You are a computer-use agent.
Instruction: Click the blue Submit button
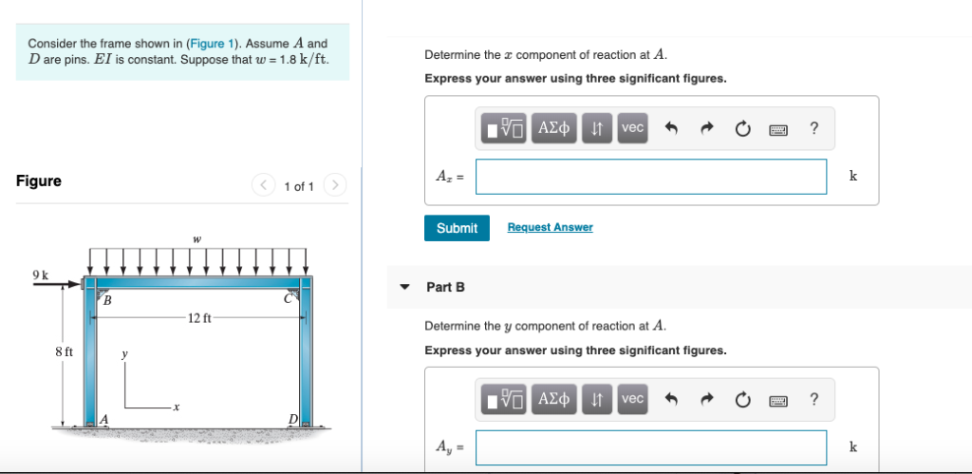pyautogui.click(x=457, y=228)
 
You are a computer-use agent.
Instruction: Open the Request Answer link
pyautogui.click(x=550, y=227)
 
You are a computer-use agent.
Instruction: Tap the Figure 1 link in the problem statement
pyautogui.click(x=205, y=44)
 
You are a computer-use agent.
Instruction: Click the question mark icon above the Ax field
pyautogui.click(x=813, y=128)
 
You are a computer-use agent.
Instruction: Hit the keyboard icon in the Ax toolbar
pyautogui.click(x=778, y=128)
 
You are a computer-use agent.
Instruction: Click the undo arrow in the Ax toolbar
pyautogui.click(x=669, y=128)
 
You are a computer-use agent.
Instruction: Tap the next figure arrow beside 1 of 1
pyautogui.click(x=335, y=185)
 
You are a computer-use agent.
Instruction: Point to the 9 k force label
pyautogui.click(x=40, y=275)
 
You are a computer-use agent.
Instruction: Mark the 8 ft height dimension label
pyautogui.click(x=64, y=352)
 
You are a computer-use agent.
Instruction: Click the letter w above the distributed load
pyautogui.click(x=196, y=239)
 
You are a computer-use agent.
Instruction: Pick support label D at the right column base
pyautogui.click(x=293, y=419)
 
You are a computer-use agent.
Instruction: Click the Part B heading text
pyautogui.click(x=445, y=287)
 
